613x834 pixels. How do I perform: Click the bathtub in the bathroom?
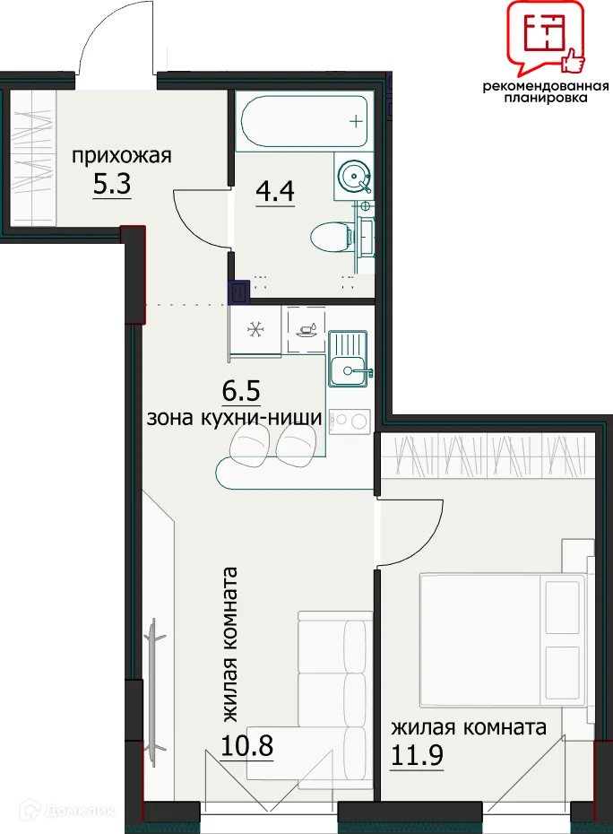point(305,121)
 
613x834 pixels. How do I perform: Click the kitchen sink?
point(349,358)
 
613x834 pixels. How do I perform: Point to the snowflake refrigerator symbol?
point(255,330)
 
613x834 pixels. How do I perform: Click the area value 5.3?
point(112,184)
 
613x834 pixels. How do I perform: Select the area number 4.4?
point(275,191)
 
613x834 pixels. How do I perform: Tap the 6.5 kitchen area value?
point(241,392)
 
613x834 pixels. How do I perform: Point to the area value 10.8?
point(246,746)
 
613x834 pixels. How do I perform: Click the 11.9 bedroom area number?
point(418,755)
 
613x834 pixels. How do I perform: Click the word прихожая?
point(122,156)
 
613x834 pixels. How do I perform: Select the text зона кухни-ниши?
point(235,418)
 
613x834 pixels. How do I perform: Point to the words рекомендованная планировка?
point(546,91)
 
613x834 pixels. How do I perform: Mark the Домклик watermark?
point(68,811)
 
